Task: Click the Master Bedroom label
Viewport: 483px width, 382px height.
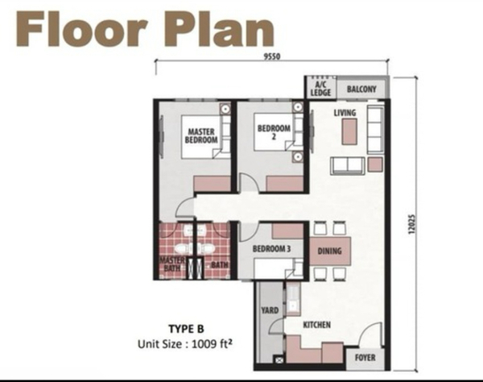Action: [201, 136]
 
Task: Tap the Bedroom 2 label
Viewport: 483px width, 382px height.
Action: [274, 131]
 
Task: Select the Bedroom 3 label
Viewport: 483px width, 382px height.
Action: [271, 249]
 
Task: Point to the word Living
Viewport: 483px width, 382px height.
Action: [345, 113]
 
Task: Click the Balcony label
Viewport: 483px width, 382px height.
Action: [361, 89]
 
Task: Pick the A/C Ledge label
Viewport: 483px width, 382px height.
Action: [320, 89]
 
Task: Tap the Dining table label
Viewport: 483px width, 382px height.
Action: [329, 251]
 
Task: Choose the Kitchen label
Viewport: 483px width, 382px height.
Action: [316, 325]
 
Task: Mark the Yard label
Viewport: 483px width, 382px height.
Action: [270, 310]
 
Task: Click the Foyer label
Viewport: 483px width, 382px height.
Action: [365, 358]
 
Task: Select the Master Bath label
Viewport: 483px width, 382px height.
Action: [172, 264]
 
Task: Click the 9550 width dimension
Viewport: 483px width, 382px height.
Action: [272, 56]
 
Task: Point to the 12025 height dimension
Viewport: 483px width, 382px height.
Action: [411, 224]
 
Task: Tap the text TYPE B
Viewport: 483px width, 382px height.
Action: [187, 329]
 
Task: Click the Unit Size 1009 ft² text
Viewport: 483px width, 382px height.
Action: [185, 344]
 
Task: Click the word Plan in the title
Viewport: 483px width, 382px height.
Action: [219, 29]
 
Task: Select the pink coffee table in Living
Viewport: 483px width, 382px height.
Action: [349, 131]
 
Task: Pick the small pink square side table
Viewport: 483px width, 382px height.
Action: [375, 164]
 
